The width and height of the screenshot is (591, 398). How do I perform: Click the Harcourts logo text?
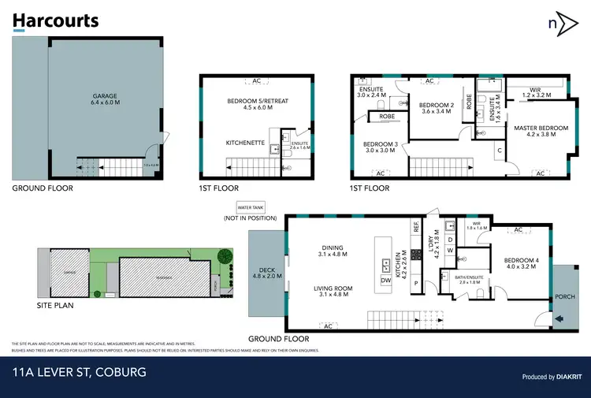coord(56,20)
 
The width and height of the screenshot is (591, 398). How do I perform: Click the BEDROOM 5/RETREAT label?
coord(255,103)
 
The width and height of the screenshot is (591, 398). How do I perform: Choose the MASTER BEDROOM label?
coord(541,130)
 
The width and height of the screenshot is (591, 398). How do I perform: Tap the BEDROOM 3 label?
coord(380,147)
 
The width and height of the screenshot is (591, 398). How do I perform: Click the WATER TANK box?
coord(248,207)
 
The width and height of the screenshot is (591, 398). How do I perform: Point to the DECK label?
coord(267,273)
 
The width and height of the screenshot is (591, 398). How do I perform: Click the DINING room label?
coord(333,250)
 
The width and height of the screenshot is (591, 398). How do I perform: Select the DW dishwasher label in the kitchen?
coord(386,280)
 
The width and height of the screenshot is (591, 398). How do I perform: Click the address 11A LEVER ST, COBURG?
coord(80,370)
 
